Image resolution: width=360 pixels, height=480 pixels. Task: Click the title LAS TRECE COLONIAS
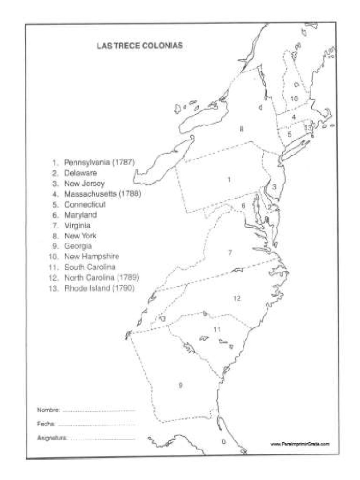(x=139, y=46)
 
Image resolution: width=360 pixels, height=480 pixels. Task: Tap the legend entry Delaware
(x=81, y=173)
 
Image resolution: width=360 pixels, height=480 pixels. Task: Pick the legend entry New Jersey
(x=84, y=183)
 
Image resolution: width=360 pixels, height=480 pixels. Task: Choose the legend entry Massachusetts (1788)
(x=103, y=194)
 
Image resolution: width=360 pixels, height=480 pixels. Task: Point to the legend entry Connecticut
(x=85, y=204)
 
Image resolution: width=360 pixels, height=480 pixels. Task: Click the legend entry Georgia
(x=78, y=246)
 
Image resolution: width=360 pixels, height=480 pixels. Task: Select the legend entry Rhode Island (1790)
(x=99, y=288)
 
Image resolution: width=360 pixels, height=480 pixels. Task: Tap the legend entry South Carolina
(x=90, y=267)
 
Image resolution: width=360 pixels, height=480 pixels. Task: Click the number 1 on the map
(x=228, y=179)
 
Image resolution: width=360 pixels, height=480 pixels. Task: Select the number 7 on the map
(x=230, y=253)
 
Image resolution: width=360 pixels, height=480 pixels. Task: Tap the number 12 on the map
(x=237, y=298)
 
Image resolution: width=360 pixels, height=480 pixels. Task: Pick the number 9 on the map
(x=180, y=385)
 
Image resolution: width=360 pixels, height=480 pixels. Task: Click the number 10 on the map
(x=294, y=98)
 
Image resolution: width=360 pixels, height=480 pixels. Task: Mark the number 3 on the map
(x=275, y=187)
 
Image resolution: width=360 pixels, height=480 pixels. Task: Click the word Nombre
(x=48, y=410)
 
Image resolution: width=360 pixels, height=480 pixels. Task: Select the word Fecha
(x=46, y=424)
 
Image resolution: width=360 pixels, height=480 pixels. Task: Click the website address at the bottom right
(x=300, y=443)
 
